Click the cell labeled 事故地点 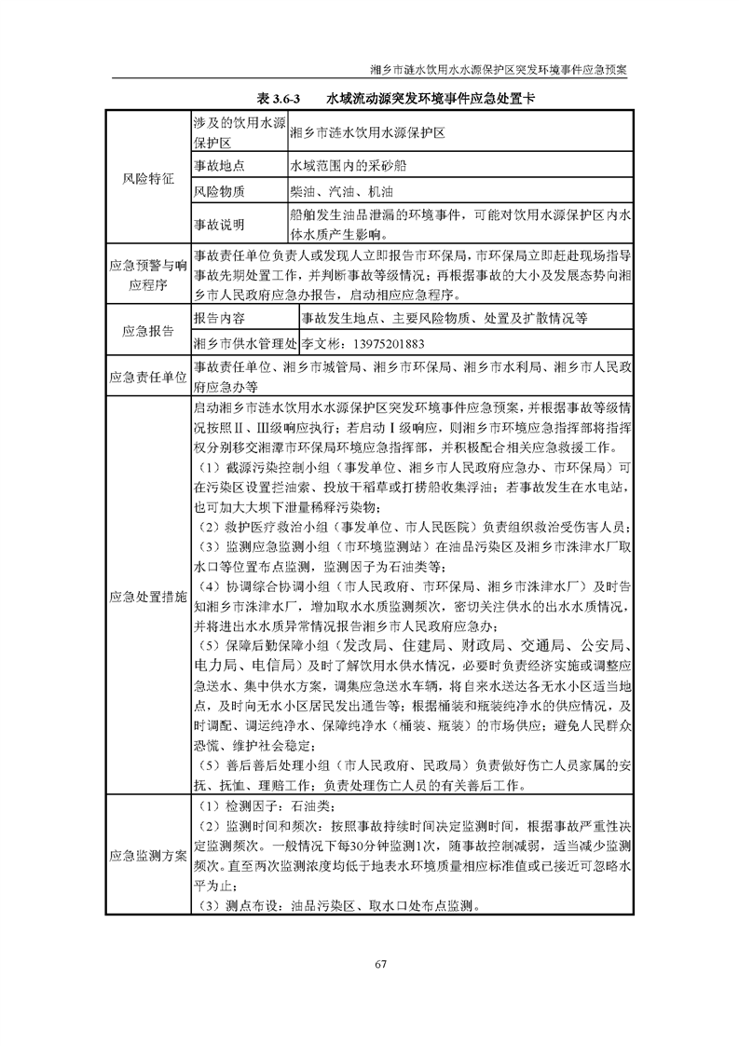click(219, 165)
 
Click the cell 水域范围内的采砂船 click(349, 165)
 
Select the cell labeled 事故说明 click(219, 225)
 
